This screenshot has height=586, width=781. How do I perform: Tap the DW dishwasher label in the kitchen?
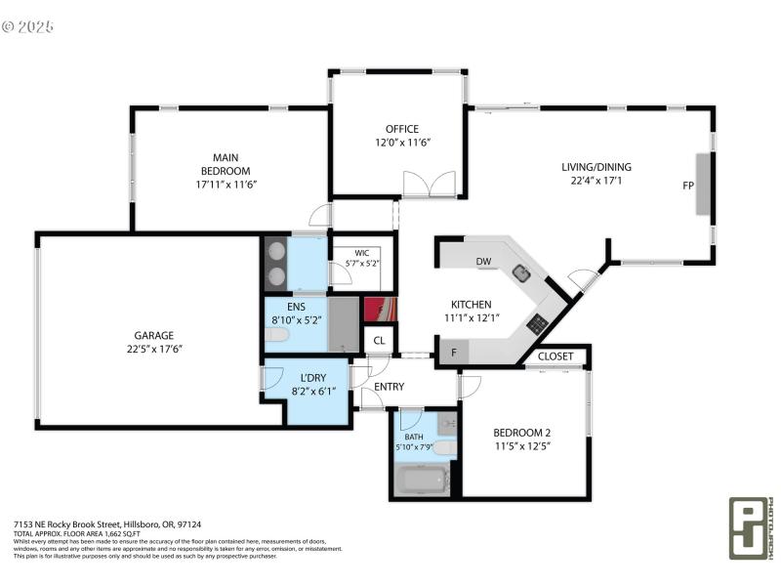(483, 262)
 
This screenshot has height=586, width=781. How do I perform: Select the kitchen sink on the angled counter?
(521, 272)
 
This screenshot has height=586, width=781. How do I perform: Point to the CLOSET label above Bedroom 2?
(555, 356)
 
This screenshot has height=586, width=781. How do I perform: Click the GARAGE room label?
(154, 334)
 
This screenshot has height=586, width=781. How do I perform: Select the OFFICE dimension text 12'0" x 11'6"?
(401, 143)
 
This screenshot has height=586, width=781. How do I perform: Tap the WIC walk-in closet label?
(361, 252)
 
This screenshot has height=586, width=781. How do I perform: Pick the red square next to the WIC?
(380, 309)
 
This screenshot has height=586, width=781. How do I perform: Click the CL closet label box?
(379, 341)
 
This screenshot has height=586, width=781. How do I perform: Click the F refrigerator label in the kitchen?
(454, 352)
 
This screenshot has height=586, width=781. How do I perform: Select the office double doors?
(430, 184)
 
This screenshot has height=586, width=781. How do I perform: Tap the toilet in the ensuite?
(277, 335)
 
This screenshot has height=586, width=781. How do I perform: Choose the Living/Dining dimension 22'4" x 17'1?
(593, 180)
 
